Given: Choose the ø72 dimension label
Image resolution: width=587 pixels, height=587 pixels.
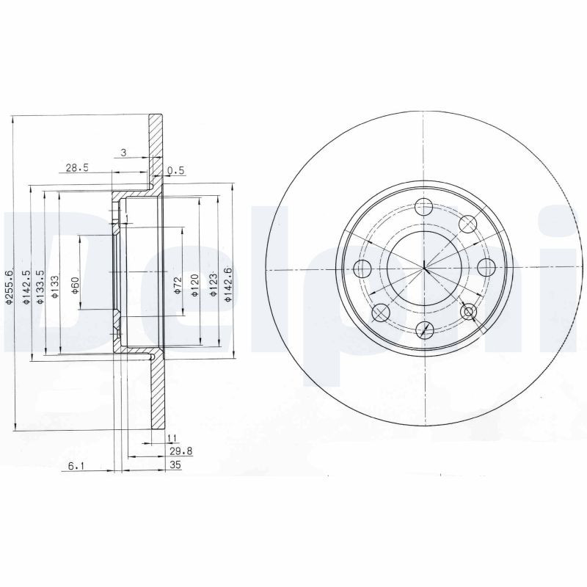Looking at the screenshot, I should click(x=178, y=286).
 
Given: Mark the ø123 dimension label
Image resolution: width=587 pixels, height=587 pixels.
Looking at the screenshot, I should click(x=214, y=286).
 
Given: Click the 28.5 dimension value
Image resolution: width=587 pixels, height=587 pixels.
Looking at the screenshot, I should click(x=77, y=167).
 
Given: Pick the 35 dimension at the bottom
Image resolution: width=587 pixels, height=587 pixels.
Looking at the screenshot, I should click(x=175, y=465).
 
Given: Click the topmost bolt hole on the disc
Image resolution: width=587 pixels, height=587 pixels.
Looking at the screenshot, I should click(x=425, y=208).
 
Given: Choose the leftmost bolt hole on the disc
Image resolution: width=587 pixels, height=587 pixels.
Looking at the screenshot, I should click(x=362, y=268).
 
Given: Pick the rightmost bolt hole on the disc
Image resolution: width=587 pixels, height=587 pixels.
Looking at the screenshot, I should click(x=486, y=268).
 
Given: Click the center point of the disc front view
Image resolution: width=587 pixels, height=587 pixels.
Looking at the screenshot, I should click(x=425, y=268).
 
